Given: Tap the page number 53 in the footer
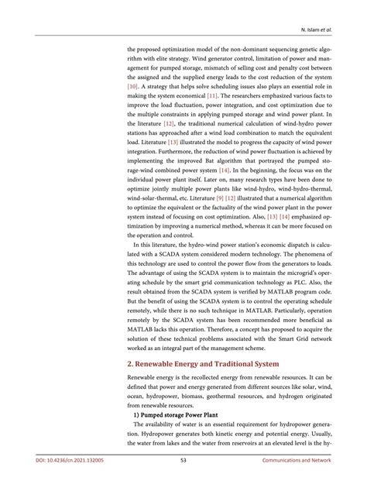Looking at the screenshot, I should click(x=183, y=481).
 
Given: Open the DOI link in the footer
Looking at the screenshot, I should click(x=70, y=481).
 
